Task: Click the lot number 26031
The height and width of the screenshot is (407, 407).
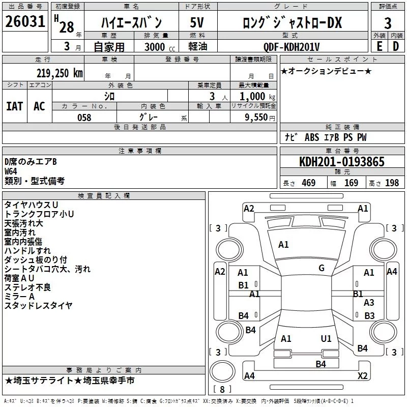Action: point(25,21)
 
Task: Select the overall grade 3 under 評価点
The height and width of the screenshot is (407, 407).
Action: point(388,23)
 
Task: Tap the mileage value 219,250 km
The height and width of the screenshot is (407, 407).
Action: point(60,73)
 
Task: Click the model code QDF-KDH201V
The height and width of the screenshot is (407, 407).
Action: point(291,47)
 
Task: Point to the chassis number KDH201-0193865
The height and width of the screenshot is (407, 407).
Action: point(342,162)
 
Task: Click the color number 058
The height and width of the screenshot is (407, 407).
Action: point(84,118)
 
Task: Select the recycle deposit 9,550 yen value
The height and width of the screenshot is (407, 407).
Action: point(260,118)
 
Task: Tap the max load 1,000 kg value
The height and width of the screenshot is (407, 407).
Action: point(257,97)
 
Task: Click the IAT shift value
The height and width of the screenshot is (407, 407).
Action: point(15,106)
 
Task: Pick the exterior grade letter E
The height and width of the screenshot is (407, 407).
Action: point(379,46)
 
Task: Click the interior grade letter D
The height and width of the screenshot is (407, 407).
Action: point(396,46)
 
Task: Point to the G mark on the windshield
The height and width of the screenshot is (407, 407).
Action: point(322,268)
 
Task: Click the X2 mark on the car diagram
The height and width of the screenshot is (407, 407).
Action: point(363,375)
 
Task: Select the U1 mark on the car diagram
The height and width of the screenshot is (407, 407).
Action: point(326,338)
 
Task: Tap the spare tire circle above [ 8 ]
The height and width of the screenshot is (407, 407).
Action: point(222,371)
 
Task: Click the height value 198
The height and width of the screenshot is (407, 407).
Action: point(392,183)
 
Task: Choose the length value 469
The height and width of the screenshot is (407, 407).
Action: point(309,183)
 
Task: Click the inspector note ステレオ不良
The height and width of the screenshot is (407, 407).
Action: point(27,287)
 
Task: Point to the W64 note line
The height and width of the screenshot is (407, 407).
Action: point(11,171)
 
